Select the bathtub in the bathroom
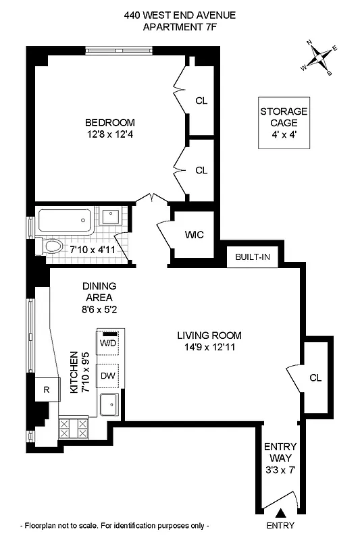(x=64, y=219)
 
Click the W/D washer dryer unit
(x=108, y=342)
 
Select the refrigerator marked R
(x=46, y=389)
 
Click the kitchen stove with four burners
(x=74, y=427)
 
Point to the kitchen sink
(x=109, y=406)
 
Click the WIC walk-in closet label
(x=194, y=235)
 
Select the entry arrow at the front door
(x=280, y=516)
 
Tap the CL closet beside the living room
(x=315, y=377)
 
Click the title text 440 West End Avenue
(x=180, y=14)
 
